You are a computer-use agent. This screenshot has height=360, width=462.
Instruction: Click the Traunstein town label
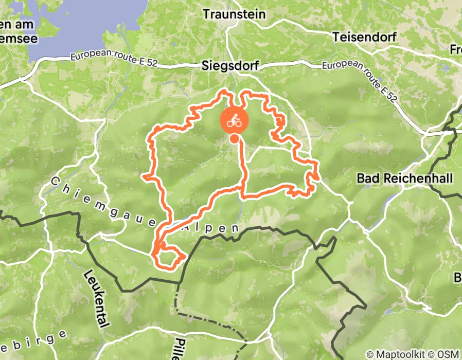click(x=234, y=14)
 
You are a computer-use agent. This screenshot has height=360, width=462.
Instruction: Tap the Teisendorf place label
click(x=364, y=37)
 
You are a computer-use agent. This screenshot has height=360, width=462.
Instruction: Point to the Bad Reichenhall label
click(x=404, y=179)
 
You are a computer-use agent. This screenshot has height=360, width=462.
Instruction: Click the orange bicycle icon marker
click(x=235, y=120)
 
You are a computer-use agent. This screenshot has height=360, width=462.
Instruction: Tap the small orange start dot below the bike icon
click(x=234, y=139)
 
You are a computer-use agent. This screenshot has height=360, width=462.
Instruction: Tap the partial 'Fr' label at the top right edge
click(x=455, y=50)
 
